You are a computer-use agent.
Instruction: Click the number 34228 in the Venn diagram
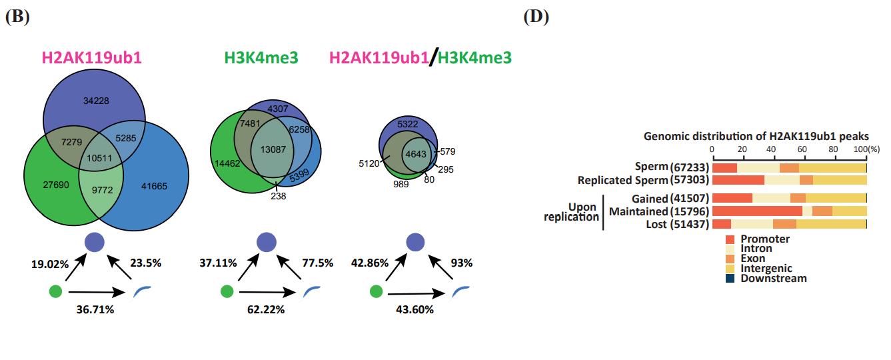(96, 101)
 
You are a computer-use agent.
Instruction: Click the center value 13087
(275, 149)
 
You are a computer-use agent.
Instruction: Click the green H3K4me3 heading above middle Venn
(261, 58)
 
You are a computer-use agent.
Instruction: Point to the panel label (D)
(536, 17)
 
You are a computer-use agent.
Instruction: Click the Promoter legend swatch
(730, 239)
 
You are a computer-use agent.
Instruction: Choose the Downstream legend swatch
(730, 278)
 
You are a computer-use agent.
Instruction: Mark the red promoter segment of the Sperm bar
(725, 168)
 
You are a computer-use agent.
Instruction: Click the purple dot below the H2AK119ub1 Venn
(94, 242)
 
